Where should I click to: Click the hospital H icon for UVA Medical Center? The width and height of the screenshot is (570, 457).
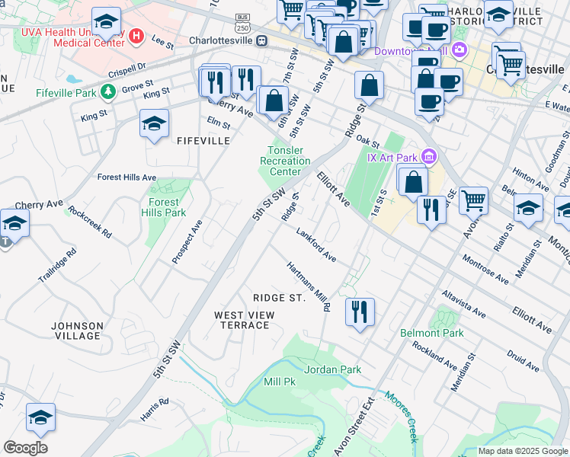[x=136, y=35]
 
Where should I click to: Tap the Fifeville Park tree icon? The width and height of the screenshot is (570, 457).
[x=108, y=92]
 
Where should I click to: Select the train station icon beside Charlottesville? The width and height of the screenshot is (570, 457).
[x=262, y=40]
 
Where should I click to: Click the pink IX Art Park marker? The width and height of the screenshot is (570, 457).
[x=429, y=158]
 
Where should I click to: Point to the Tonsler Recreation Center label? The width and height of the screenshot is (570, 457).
[x=285, y=161]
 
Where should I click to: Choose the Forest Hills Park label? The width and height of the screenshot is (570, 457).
[x=164, y=207]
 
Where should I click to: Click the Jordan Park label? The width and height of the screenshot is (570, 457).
[x=332, y=369]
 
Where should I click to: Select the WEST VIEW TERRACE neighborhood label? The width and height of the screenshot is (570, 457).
[x=242, y=320]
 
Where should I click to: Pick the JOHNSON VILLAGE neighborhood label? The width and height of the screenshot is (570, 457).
[x=77, y=331]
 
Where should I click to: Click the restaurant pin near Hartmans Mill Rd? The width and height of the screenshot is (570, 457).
[x=360, y=311]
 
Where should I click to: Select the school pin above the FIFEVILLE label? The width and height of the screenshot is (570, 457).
[x=154, y=123]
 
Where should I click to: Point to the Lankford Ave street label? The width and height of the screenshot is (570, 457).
[x=316, y=246]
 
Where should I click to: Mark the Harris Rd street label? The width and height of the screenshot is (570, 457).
[x=155, y=410]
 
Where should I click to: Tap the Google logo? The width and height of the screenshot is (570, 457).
[x=25, y=448]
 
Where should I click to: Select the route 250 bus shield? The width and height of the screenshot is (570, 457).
[x=242, y=21]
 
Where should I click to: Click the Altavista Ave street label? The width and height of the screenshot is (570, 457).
[x=463, y=302]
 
